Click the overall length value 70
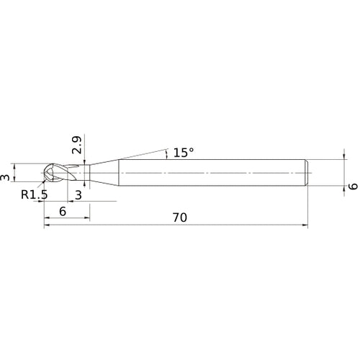coord(180,217)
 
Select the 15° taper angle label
coord(184,153)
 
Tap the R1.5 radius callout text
coord(35,194)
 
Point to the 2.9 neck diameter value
coord(77,145)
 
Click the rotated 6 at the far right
coord(353,186)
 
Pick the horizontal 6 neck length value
coord(63,212)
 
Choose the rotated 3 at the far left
coord(5,178)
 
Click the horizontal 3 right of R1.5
coord(78,195)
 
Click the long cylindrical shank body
coord(212,173)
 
